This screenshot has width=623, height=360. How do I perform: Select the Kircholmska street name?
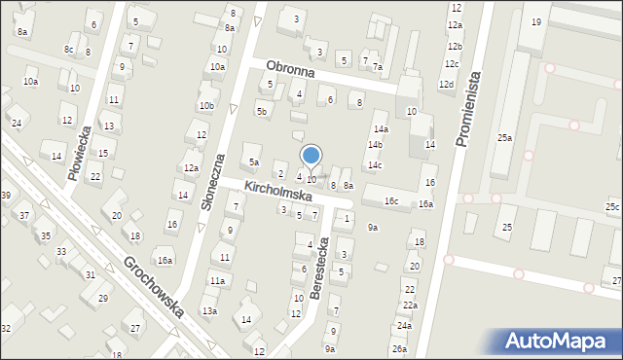(x=277, y=190)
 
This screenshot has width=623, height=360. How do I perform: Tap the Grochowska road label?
(x=154, y=287)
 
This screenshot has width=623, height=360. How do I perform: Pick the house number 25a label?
(x=504, y=138)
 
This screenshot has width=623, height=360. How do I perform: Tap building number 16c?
(x=390, y=200)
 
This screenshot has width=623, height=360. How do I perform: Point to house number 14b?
(x=375, y=145)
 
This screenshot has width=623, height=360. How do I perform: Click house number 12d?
(x=446, y=85)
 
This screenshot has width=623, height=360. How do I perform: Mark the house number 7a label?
(x=378, y=67)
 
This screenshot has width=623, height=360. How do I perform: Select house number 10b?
(x=206, y=106)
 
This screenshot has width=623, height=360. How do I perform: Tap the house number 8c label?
(x=69, y=50)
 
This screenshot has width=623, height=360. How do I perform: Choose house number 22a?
(x=411, y=306)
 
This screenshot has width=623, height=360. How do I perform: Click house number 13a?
(x=208, y=310)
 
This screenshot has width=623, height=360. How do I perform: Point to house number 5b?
(x=261, y=112)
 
